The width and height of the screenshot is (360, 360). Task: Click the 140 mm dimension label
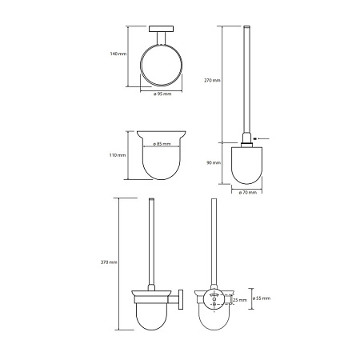click(x=118, y=54)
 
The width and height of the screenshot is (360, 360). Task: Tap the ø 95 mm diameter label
click(x=162, y=94)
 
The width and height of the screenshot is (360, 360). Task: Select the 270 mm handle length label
click(x=212, y=80)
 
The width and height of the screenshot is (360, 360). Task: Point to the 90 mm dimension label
click(x=214, y=162)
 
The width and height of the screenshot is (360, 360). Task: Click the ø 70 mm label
click(x=248, y=192)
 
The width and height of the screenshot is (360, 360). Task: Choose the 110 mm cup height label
click(x=118, y=155)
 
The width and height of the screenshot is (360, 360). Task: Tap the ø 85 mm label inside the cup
click(x=162, y=144)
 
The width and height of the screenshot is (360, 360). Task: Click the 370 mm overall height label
click(x=109, y=262)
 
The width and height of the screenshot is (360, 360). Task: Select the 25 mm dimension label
click(x=240, y=300)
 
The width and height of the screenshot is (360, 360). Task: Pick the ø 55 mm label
click(x=262, y=298)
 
